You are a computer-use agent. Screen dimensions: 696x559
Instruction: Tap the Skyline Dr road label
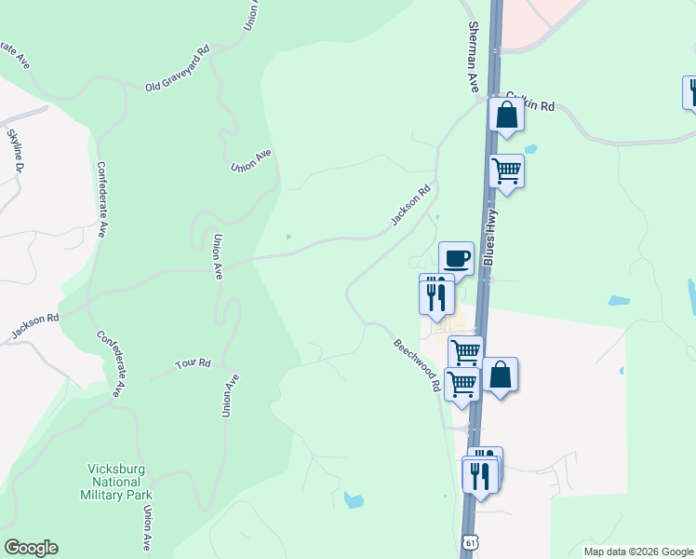pyautogui.click(x=15, y=152)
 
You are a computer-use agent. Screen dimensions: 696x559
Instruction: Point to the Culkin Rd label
pyautogui.click(x=530, y=106)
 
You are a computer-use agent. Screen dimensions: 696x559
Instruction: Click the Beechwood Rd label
pyautogui.click(x=416, y=364)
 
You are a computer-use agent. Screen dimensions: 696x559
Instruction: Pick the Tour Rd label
pyautogui.click(x=194, y=363)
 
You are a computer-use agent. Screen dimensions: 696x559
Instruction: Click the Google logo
pyautogui.click(x=31, y=548)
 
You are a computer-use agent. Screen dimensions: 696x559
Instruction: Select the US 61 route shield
pyautogui.click(x=471, y=540)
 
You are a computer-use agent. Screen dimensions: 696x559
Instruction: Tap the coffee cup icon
pyautogui.click(x=456, y=258)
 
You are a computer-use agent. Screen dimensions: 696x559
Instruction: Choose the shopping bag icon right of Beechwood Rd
pyautogui.click(x=500, y=375)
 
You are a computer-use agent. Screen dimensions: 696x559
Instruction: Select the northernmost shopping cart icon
pyautogui.click(x=506, y=170)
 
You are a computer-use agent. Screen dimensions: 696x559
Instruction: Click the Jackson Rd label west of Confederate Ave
pyautogui.click(x=35, y=325)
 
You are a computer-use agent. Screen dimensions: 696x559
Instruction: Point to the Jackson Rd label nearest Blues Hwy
pyautogui.click(x=410, y=205)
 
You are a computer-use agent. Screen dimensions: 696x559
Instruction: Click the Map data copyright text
pyautogui.click(x=638, y=552)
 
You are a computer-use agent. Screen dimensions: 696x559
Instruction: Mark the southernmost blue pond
pyautogui.click(x=354, y=500)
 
